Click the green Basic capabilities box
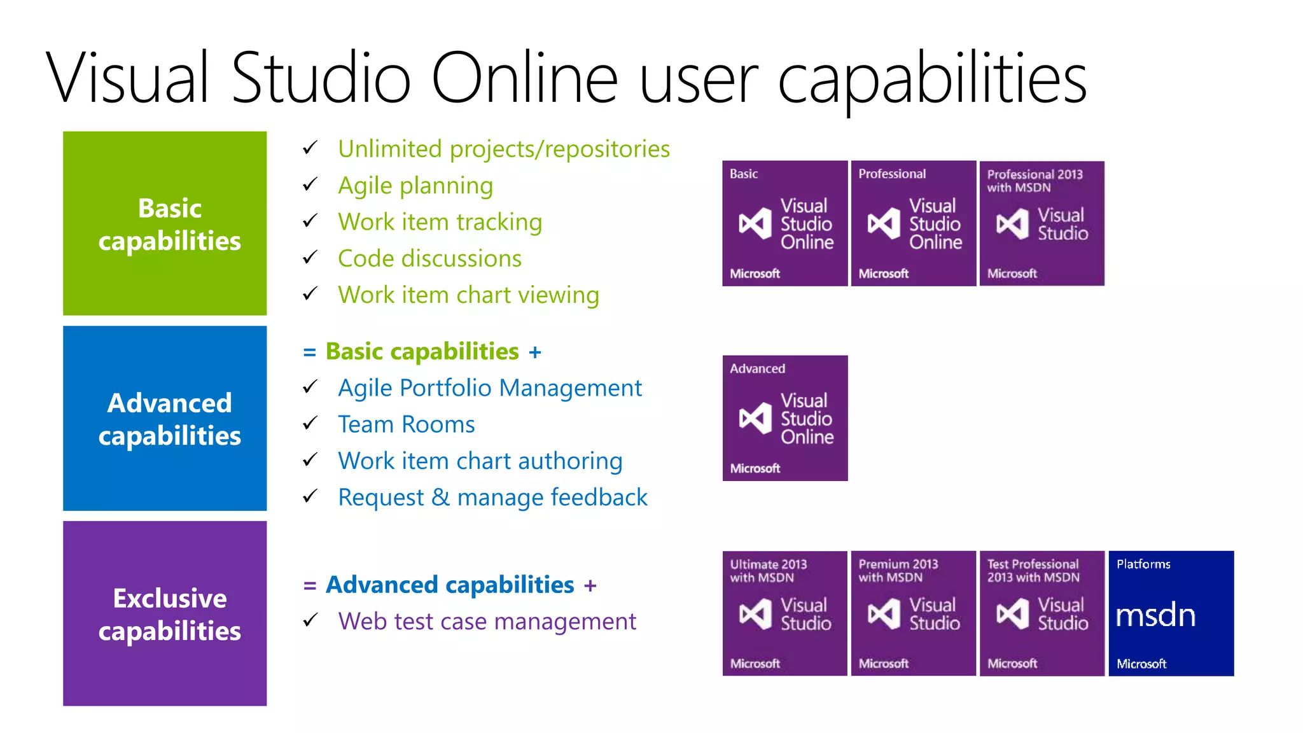[x=165, y=223]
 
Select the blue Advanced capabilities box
[x=165, y=418]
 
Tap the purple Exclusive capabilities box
[x=165, y=613]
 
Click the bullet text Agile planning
[x=415, y=186]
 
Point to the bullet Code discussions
[x=429, y=259]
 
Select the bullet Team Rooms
[x=406, y=424]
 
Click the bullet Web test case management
[x=487, y=622]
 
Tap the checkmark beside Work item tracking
[x=310, y=221]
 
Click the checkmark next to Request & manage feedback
[x=310, y=496]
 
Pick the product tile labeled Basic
[x=784, y=223]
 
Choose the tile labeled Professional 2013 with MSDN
[x=1042, y=223]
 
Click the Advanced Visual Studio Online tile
[x=784, y=418]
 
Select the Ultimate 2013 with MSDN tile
[x=784, y=613]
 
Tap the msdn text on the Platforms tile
[x=1155, y=616]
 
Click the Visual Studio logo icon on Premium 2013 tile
[x=884, y=614]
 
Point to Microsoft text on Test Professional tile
[x=1012, y=664]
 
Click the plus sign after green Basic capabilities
[x=535, y=353]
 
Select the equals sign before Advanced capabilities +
[x=310, y=585]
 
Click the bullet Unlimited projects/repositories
[x=503, y=150]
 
